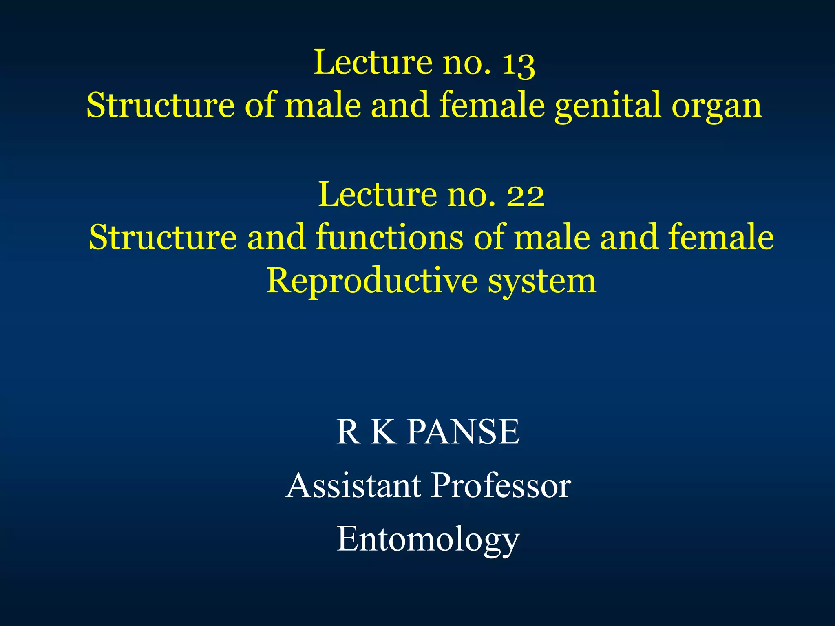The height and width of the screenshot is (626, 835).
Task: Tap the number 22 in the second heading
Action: (x=525, y=195)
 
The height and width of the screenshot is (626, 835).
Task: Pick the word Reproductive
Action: (x=372, y=281)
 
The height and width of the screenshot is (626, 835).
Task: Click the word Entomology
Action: (x=428, y=540)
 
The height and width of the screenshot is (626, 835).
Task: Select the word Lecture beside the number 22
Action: (x=377, y=195)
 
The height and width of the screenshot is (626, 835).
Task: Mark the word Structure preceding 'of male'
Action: (x=161, y=105)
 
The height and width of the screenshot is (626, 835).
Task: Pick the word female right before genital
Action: (x=492, y=105)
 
